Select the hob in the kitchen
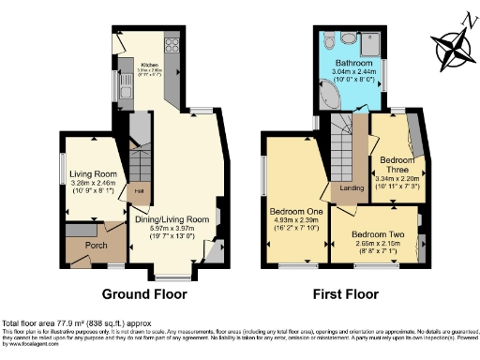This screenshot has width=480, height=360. click(x=172, y=43)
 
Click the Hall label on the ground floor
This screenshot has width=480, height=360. click(x=138, y=190)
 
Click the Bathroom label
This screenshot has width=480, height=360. click(x=355, y=63)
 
